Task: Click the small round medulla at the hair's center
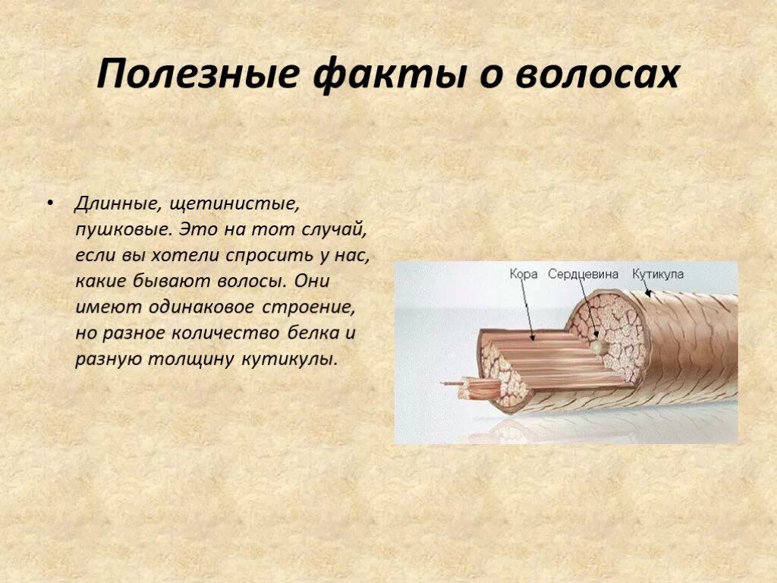tap(600, 346)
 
